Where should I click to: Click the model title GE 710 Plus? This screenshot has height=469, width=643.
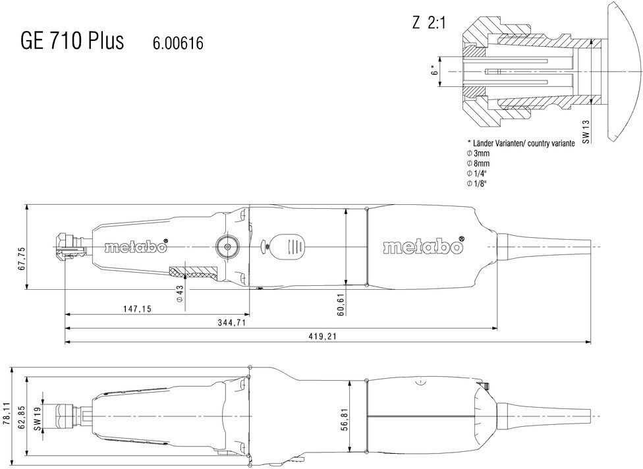coord(72,41)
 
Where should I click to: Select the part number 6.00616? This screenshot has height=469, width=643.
coord(178,43)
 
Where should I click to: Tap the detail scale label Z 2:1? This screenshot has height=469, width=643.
coord(428,23)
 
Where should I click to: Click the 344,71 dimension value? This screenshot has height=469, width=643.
coord(232,323)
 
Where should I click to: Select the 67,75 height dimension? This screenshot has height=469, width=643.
coord(22,258)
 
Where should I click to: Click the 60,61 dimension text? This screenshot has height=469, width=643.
coord(340,304)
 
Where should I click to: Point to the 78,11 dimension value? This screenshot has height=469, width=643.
coord(5,415)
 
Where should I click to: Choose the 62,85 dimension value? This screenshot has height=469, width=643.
coord(22,416)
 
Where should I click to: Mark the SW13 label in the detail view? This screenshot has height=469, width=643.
coord(586,132)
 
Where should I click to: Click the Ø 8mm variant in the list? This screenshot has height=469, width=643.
coord(478,163)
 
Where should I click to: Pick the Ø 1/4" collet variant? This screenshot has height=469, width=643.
coord(476,173)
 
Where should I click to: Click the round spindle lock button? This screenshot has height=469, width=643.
coord(227,246)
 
